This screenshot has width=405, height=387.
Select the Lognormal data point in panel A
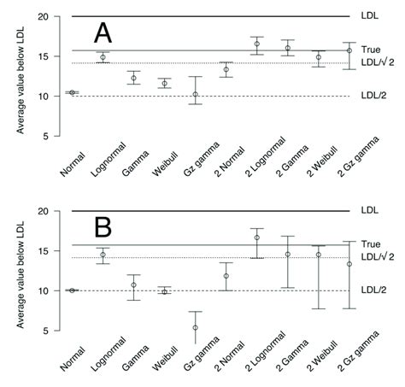(x=103, y=57)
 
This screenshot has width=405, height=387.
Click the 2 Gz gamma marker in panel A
(x=349, y=51)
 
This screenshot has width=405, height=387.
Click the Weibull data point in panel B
(x=164, y=291)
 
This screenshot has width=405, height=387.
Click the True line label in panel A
(x=370, y=50)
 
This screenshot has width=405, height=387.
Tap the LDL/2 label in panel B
(x=373, y=290)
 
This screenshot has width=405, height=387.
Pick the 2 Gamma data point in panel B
(x=288, y=254)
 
